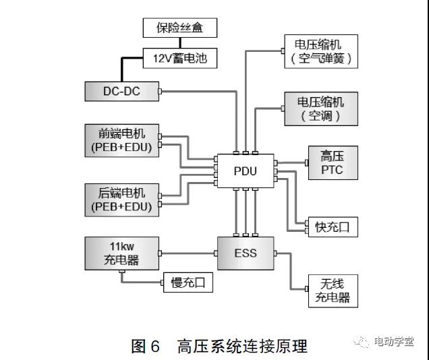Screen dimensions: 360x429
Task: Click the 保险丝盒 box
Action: coord(179,28)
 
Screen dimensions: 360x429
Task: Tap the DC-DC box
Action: coord(121,91)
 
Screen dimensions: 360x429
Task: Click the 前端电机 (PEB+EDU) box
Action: coord(121,139)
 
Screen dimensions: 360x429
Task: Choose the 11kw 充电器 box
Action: coord(121,253)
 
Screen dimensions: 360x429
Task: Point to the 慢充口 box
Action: coord(188,283)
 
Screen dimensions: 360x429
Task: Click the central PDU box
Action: coord(245,171)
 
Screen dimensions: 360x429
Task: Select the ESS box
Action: coord(245,253)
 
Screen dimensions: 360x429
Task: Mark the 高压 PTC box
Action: coord(332,162)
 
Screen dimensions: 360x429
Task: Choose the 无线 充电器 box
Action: coord(332,291)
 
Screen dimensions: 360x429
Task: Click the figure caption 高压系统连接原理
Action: coord(242,347)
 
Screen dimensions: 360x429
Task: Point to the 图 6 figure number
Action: coord(146,347)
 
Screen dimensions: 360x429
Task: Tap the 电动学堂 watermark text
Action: coord(394,342)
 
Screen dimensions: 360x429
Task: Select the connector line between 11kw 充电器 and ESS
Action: coord(188,253)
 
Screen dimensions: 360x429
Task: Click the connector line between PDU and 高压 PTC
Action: coord(291,162)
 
